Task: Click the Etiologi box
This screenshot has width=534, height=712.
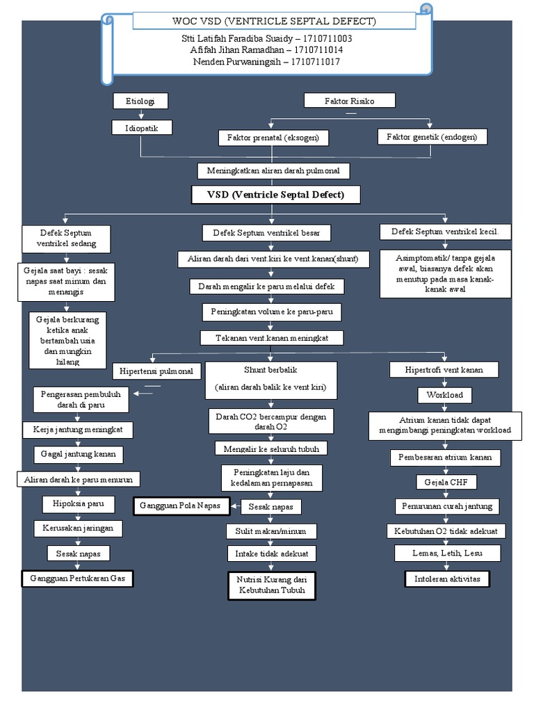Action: [x=141, y=102]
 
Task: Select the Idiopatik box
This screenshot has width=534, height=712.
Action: [x=141, y=128]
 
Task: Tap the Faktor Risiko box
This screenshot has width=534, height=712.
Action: [x=350, y=102]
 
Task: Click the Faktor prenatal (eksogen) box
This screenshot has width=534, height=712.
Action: [x=273, y=138]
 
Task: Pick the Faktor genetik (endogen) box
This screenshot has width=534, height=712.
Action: [x=432, y=137]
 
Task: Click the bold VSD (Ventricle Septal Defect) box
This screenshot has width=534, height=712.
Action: [x=276, y=195]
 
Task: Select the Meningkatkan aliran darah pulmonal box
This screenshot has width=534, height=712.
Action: [x=273, y=171]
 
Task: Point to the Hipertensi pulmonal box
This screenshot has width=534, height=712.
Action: [x=157, y=371]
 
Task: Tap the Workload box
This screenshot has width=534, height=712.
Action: [x=444, y=396]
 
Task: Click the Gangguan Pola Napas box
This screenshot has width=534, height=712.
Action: [x=181, y=505]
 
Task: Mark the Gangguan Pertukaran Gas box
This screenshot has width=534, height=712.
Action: [x=77, y=578]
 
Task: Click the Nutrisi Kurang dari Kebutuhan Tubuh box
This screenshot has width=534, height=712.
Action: [x=272, y=585]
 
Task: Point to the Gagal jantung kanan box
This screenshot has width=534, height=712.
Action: [x=79, y=455]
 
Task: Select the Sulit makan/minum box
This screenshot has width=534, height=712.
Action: [x=271, y=531]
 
